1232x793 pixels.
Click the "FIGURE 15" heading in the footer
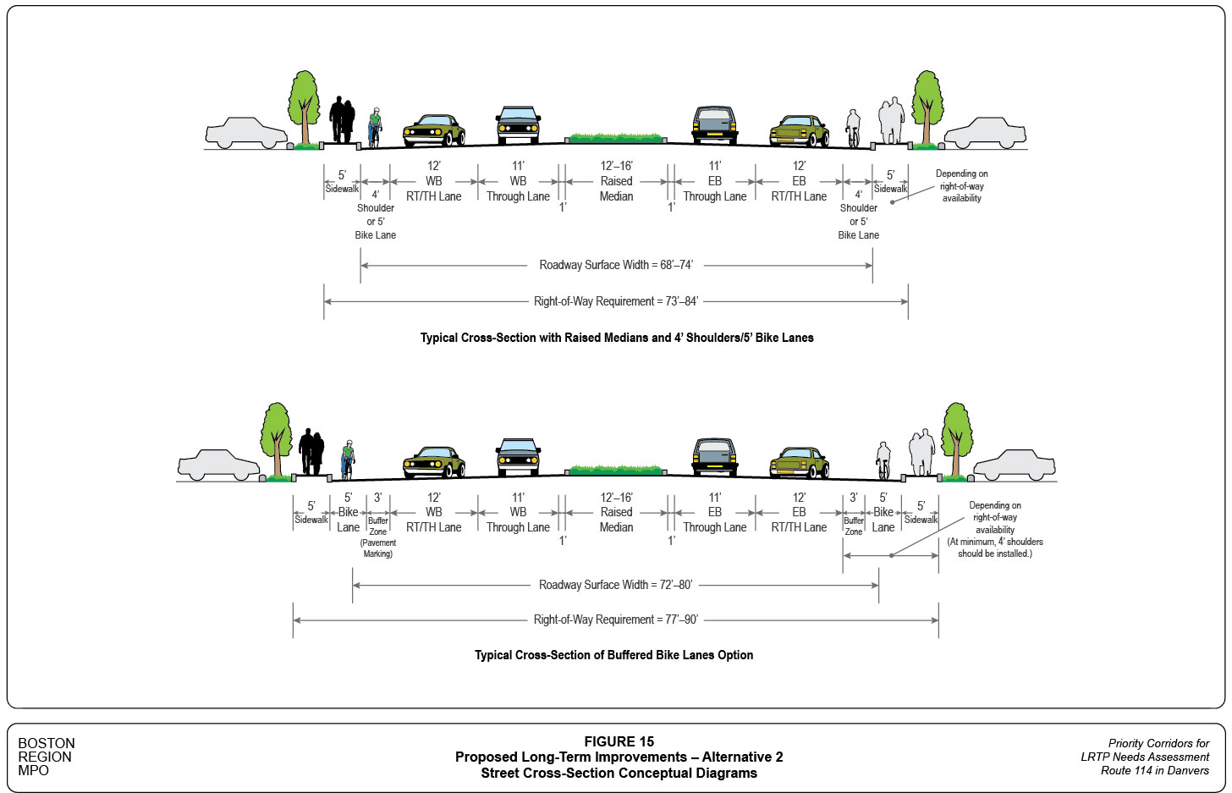click(619, 741)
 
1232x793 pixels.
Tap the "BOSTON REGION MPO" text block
click(47, 757)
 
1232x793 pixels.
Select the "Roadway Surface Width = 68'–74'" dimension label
click(615, 265)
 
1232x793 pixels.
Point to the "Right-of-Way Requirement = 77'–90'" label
click(615, 620)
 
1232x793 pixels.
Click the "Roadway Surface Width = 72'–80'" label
click(615, 585)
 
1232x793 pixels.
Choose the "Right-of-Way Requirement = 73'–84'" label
click(615, 301)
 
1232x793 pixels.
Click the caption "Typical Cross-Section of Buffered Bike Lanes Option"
click(613, 655)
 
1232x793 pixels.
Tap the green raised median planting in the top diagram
click(616, 137)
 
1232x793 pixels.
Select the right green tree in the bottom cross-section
click(956, 436)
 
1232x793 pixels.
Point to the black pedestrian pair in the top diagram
click(342, 119)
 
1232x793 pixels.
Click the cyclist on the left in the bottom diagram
click(347, 459)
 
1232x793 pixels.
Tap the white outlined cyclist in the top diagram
click(853, 127)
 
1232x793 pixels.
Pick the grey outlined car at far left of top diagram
click(246, 133)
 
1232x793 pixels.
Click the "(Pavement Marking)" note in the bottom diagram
click(378, 548)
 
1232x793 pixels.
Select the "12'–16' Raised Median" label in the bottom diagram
click(616, 512)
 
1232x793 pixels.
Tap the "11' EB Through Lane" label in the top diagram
click(714, 181)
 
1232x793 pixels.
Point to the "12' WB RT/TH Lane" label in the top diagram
click(433, 181)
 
